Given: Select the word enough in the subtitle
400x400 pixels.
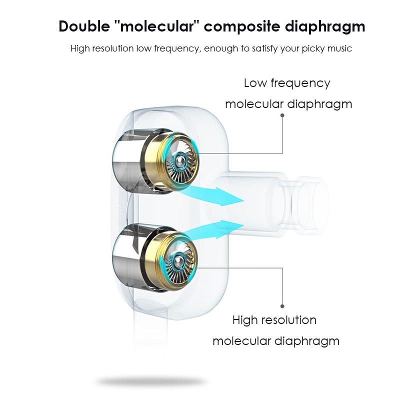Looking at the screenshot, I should tap(221, 49).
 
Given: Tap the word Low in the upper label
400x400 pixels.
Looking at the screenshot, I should tap(255, 83).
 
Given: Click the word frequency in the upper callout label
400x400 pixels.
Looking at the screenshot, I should tap(301, 83).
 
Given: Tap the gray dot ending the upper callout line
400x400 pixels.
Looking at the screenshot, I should tap(282, 115).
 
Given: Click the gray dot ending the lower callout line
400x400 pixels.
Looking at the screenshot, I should tap(282, 306).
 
